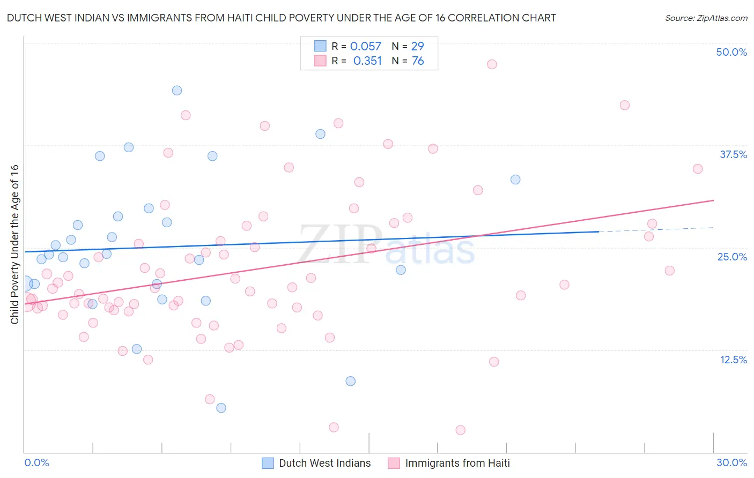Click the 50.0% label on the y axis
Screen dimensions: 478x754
click(x=731, y=52)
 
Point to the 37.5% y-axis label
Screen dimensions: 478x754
click(x=733, y=154)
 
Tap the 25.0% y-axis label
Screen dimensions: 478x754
click(x=732, y=257)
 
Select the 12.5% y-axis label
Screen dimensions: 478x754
click(x=733, y=360)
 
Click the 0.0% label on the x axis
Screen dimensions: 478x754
click(x=36, y=462)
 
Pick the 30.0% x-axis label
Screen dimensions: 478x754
click(x=731, y=462)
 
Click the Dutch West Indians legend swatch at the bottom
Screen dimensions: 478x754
click(x=268, y=463)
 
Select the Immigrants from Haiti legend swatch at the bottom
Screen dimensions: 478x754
click(x=394, y=463)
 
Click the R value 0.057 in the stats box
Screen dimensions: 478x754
click(x=366, y=47)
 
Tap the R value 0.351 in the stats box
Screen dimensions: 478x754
click(x=367, y=61)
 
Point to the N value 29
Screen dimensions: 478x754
click(x=417, y=47)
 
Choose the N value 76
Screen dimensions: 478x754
click(x=417, y=61)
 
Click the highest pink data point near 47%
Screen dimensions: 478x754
click(x=492, y=64)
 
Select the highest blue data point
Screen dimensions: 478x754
click(x=177, y=91)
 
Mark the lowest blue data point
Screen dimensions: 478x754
click(x=221, y=408)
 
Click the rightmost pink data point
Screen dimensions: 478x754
click(x=698, y=169)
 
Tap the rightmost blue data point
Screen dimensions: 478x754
click(x=515, y=180)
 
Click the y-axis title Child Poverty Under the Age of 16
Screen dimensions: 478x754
click(x=14, y=244)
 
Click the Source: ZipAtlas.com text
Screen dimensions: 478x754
click(x=706, y=18)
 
